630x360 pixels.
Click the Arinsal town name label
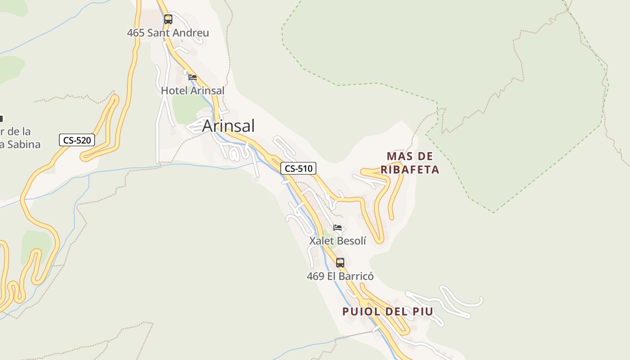(x=228, y=126)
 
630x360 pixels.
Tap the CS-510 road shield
(x=298, y=169)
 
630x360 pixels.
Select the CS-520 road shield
(x=77, y=140)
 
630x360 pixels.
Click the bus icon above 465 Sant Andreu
(x=168, y=19)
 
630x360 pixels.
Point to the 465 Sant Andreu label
(x=168, y=33)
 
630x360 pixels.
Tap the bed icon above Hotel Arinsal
(x=193, y=77)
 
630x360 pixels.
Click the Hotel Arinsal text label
(x=193, y=90)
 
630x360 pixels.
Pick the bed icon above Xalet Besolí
(x=337, y=228)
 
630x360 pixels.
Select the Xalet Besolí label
(x=337, y=241)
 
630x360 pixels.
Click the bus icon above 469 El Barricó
(x=340, y=263)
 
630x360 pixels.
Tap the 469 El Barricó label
(x=340, y=276)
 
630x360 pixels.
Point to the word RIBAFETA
(x=409, y=170)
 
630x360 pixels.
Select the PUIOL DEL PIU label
(x=387, y=311)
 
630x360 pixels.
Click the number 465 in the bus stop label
(x=135, y=33)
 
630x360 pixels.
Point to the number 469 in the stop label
(x=315, y=276)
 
